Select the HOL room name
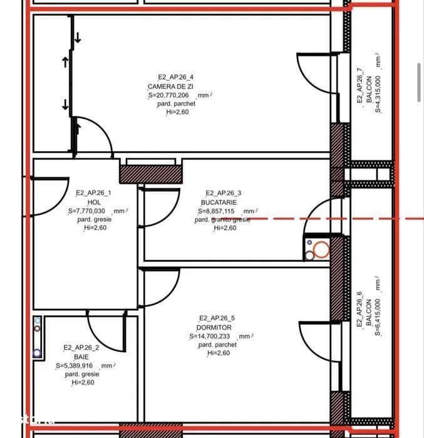pos(94,202)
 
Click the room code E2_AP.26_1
pos(94,194)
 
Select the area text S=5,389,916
pos(78,365)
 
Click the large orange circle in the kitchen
pos(321,249)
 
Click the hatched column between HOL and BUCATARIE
pos(147,174)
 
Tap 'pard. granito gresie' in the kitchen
pos(222,220)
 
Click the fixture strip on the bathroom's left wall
pos(38,337)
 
